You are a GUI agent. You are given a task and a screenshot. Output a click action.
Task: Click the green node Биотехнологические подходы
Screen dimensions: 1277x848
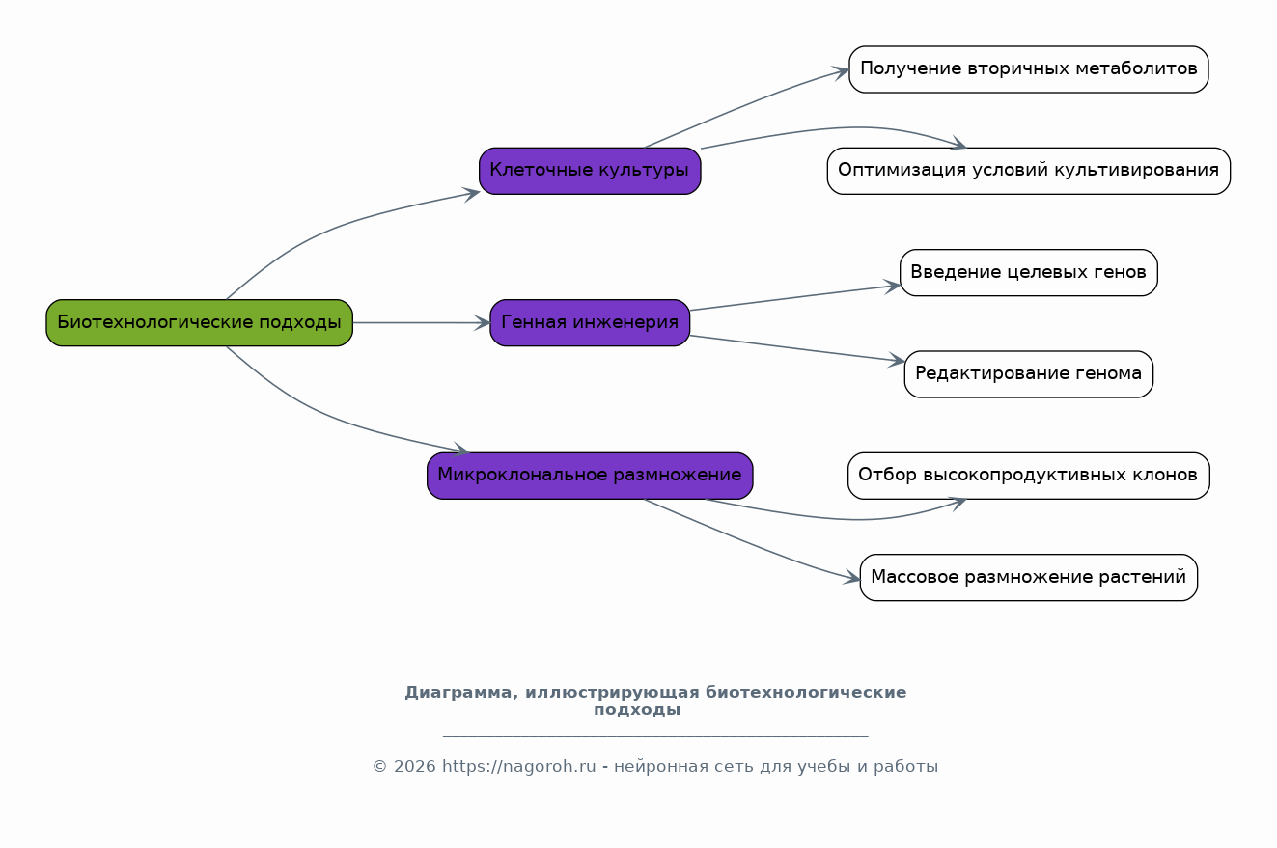pos(200,322)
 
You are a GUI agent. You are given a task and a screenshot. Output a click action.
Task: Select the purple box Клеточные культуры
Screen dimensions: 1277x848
pos(590,171)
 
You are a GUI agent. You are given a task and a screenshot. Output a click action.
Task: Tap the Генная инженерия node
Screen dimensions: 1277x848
pos(590,322)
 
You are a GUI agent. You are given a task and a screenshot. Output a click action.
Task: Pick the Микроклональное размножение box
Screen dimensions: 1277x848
pos(590,476)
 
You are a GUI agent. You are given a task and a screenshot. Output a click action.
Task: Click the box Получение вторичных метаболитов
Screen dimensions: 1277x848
pos(1028,69)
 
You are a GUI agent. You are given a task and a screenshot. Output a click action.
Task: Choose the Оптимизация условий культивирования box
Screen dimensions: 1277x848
pos(1028,171)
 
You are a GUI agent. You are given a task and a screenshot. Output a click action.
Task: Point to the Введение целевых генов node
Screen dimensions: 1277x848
pos(1028,272)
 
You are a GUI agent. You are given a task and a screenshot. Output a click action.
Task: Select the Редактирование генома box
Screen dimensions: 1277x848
pos(1028,374)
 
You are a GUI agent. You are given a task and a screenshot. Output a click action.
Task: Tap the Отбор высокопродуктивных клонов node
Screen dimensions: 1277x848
pos(1028,476)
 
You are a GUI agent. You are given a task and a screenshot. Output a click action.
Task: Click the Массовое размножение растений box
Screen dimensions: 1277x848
pos(1028,577)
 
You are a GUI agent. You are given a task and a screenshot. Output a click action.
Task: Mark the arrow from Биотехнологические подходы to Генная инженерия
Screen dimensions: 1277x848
pos(421,322)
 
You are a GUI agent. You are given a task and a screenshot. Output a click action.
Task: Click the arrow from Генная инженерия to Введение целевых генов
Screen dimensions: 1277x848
pos(794,297)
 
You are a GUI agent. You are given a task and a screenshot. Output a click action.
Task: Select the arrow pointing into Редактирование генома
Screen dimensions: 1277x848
pos(797,348)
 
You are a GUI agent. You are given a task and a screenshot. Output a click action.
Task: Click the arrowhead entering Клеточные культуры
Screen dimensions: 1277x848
pos(472,194)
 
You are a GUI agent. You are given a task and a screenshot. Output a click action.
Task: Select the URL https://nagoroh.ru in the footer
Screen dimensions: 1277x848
pos(518,767)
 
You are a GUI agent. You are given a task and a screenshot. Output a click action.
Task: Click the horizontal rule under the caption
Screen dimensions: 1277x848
pos(655,736)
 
